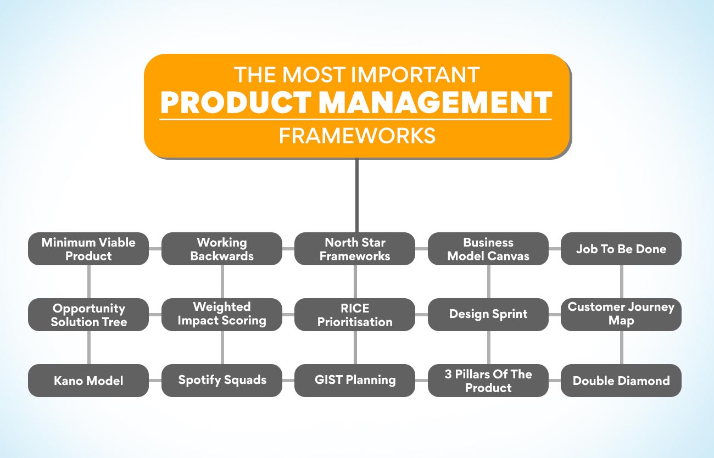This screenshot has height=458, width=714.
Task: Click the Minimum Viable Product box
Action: click(88, 249)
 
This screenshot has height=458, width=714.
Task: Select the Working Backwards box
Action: click(222, 249)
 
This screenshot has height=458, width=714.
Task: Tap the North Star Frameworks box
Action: click(355, 249)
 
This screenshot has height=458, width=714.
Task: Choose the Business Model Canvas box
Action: click(488, 249)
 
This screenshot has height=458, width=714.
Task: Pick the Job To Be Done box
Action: click(621, 249)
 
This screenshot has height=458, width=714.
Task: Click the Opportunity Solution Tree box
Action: click(88, 315)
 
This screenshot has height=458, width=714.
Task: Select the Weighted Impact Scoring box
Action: click(222, 315)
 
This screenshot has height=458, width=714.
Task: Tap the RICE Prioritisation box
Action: click(355, 315)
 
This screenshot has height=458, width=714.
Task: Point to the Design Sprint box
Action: click(488, 315)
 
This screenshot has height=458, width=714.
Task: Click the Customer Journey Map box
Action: click(621, 315)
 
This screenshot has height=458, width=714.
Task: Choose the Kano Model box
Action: click(88, 381)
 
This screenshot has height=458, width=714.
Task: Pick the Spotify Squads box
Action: click(222, 381)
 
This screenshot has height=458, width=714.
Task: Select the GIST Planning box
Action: click(355, 381)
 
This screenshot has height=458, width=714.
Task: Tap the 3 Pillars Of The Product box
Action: click(488, 381)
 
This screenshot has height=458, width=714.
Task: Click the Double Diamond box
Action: click(621, 381)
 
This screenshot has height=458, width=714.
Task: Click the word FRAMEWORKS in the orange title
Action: click(358, 136)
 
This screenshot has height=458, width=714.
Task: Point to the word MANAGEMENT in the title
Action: click(436, 102)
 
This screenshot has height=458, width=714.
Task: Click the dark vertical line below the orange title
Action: click(357, 196)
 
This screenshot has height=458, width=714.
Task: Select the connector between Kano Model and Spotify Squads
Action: click(155, 381)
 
